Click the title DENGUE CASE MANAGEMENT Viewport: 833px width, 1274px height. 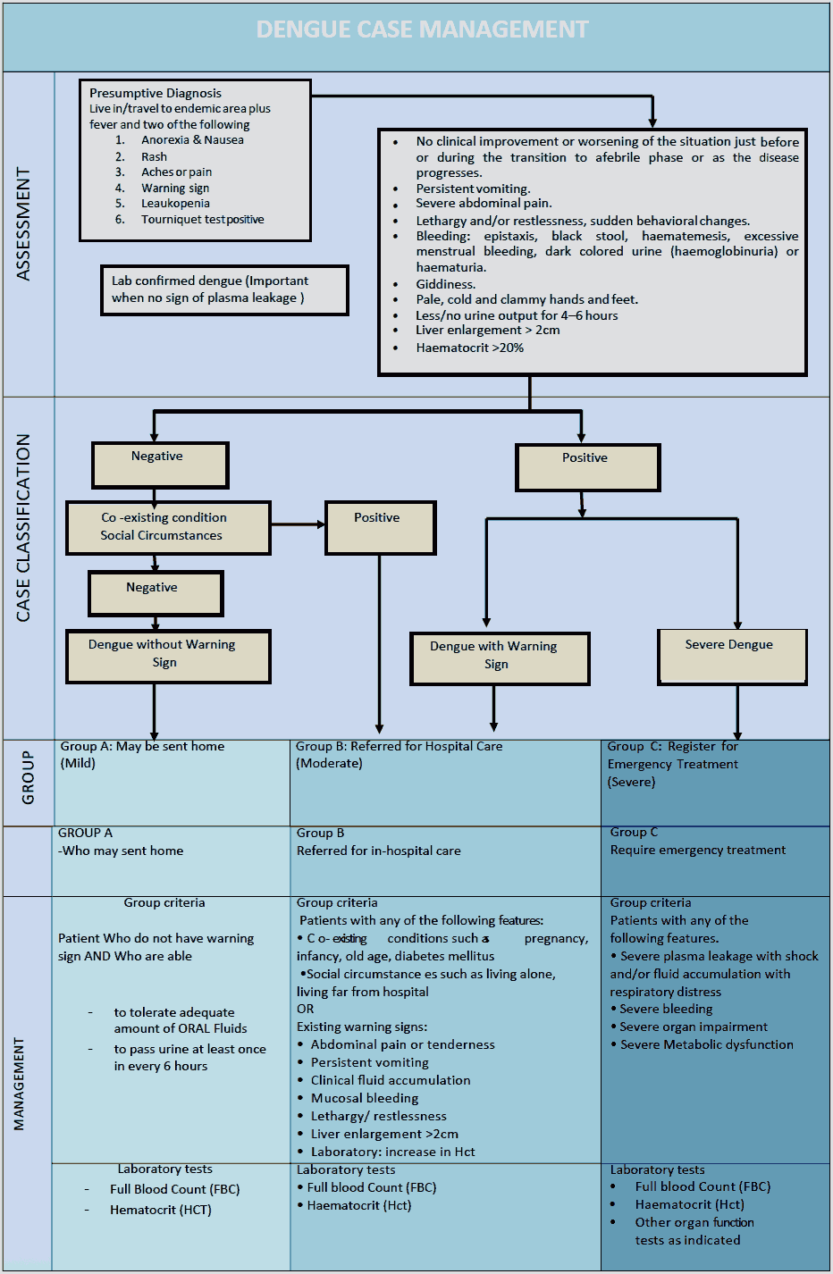[422, 29]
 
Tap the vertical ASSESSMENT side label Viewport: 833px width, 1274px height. [23, 224]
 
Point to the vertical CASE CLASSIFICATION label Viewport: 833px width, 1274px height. [23, 528]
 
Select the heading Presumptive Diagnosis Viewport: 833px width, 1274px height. [156, 93]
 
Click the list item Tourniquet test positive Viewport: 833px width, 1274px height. [202, 220]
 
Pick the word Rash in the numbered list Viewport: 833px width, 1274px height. [154, 156]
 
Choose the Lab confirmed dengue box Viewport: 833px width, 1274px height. [224, 289]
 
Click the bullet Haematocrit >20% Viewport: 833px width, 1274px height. [469, 348]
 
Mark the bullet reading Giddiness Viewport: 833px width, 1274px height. [445, 284]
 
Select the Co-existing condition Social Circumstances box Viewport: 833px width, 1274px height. [168, 527]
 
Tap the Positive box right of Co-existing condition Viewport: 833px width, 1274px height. [381, 527]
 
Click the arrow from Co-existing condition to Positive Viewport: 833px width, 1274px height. [298, 524]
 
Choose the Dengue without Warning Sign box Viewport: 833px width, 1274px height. [168, 656]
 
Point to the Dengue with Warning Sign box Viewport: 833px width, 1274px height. [500, 658]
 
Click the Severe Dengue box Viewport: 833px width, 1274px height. [732, 656]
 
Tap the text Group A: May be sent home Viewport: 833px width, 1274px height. [142, 747]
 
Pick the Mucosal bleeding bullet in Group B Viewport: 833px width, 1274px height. [364, 1098]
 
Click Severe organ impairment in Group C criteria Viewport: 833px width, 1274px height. [693, 1027]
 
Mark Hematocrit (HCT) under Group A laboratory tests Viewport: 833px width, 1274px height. [160, 1210]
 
